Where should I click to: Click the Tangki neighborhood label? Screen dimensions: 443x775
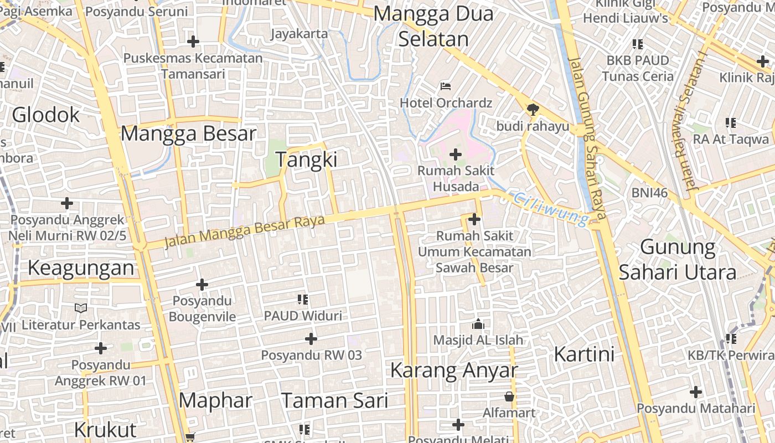tap(306, 159)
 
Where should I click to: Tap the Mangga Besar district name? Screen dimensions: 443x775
tap(189, 133)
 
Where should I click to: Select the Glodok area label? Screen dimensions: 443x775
tap(46, 115)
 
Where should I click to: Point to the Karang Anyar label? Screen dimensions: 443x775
tap(454, 370)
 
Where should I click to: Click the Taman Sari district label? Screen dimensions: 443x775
tap(334, 400)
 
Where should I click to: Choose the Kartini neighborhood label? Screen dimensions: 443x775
tap(584, 354)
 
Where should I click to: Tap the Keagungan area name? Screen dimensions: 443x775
tap(81, 268)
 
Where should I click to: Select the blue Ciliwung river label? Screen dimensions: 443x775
tap(550, 209)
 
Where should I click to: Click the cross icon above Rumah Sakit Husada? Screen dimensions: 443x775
tap(456, 154)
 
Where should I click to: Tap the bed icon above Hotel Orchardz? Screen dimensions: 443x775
tap(446, 86)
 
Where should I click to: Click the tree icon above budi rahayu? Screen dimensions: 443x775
tap(533, 110)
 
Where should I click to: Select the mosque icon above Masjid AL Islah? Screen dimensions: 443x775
tap(478, 324)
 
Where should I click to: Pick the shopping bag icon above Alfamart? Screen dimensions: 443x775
tap(509, 396)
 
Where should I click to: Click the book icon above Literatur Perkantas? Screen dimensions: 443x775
tap(81, 308)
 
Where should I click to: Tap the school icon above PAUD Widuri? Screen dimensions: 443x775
tap(303, 300)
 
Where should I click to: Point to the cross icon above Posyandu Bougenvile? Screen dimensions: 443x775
tap(202, 285)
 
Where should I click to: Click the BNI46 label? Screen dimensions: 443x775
tap(649, 193)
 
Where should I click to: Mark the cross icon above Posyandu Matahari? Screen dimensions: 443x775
tap(695, 392)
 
